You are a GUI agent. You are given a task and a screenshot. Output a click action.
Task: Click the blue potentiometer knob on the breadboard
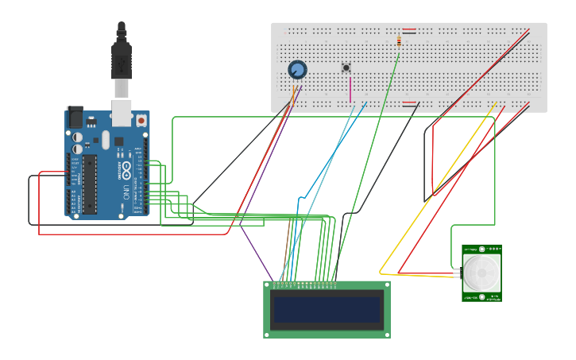pos(297,70)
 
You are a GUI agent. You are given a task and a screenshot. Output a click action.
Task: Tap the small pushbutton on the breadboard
pos(346,68)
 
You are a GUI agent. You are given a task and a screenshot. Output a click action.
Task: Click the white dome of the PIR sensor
pos(481,273)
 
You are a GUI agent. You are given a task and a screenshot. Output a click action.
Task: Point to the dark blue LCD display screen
pos(327,309)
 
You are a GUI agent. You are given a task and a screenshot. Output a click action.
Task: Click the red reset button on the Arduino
pos(141,121)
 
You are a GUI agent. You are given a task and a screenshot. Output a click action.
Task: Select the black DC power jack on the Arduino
pos(75,118)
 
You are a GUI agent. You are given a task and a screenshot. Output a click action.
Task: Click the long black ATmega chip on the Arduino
pos(90,184)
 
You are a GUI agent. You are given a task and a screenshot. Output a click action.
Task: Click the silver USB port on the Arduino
pos(122,112)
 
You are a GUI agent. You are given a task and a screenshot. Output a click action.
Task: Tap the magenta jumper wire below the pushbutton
pos(350,90)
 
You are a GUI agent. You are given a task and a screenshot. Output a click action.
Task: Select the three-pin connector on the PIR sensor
pos(458,273)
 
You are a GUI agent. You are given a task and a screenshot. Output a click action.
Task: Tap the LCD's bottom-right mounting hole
pos(386,334)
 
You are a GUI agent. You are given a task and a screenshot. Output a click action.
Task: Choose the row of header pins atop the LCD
pos(304,283)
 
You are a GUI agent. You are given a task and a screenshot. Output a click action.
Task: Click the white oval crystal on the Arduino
pos(105,141)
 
